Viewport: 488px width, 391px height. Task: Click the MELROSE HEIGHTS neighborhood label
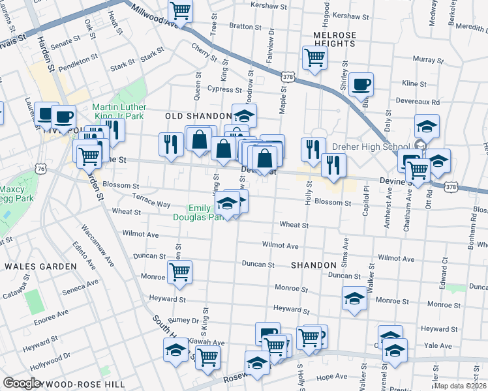point(335,39)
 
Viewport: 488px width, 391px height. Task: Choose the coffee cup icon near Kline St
point(361,84)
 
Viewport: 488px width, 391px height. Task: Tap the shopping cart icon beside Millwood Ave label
point(180,11)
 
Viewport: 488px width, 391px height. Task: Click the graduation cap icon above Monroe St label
point(354,298)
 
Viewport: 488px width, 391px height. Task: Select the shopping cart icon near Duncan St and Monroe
point(179,272)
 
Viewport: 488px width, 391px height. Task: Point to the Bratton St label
point(241,27)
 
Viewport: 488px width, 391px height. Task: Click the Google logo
point(22,383)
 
